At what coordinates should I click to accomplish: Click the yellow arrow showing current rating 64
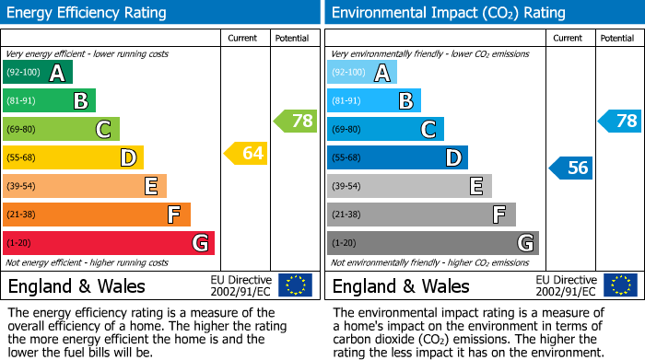point(246,153)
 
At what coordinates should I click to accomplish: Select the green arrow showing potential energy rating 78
point(295,121)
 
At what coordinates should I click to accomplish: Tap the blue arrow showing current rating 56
point(570,168)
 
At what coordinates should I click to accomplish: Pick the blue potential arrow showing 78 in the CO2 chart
point(619,121)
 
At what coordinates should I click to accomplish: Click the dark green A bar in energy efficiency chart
point(37,73)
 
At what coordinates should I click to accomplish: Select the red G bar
point(109,243)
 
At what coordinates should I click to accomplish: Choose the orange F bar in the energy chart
point(97,215)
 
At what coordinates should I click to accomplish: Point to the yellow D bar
point(73,158)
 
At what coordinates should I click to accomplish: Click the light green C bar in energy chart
point(61,130)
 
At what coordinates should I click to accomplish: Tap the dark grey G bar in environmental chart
point(432,243)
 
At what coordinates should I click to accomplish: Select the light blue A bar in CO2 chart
point(361,73)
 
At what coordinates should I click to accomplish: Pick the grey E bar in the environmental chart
point(409,186)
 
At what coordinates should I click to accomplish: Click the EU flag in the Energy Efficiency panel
point(295,285)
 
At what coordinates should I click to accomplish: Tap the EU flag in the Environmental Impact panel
point(619,285)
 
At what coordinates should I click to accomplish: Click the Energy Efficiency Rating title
point(88,13)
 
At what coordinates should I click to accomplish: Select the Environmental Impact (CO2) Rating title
point(448,13)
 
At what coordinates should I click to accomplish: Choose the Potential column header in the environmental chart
point(617,38)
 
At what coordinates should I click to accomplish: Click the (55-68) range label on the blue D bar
point(348,158)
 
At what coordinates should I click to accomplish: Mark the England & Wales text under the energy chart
point(76,285)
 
